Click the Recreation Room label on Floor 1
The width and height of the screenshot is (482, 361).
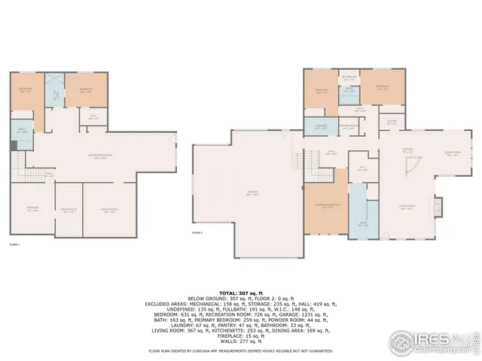(x=94, y=156)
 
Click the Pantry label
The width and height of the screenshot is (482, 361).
(x=392, y=122)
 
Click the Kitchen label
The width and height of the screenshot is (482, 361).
(x=405, y=150)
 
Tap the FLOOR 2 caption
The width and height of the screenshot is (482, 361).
(x=197, y=233)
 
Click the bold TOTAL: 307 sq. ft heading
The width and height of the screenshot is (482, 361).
(x=241, y=291)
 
